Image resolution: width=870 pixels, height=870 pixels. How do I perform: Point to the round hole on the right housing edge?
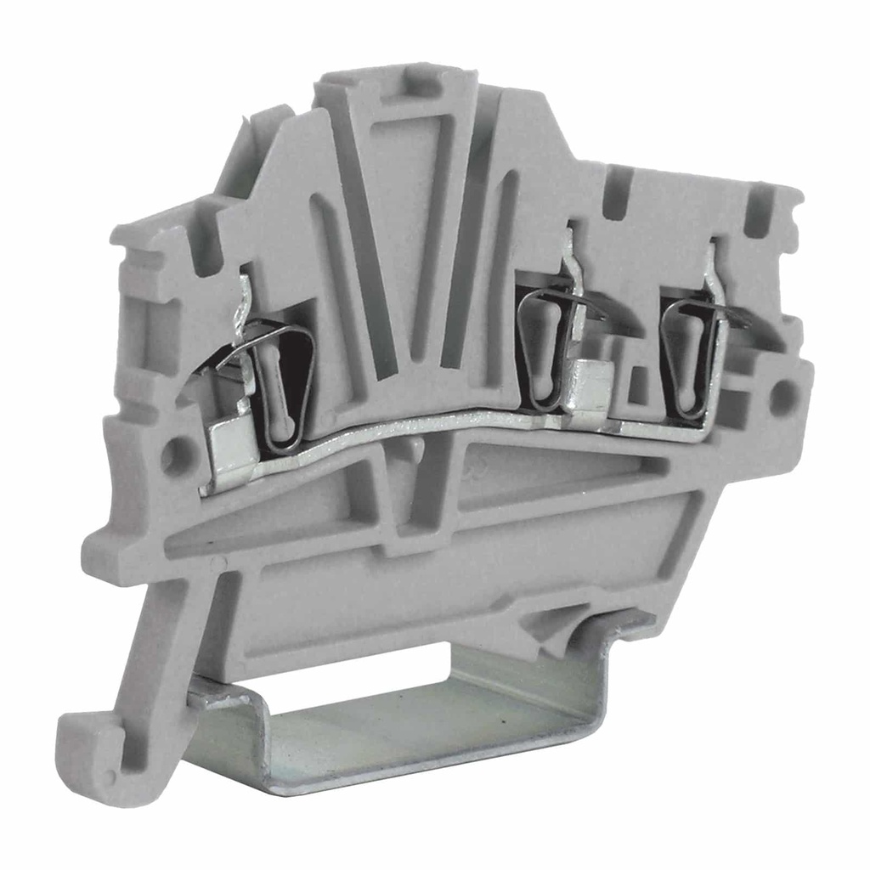(x=782, y=396)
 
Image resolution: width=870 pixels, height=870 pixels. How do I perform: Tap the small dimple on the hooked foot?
(x=110, y=776)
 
